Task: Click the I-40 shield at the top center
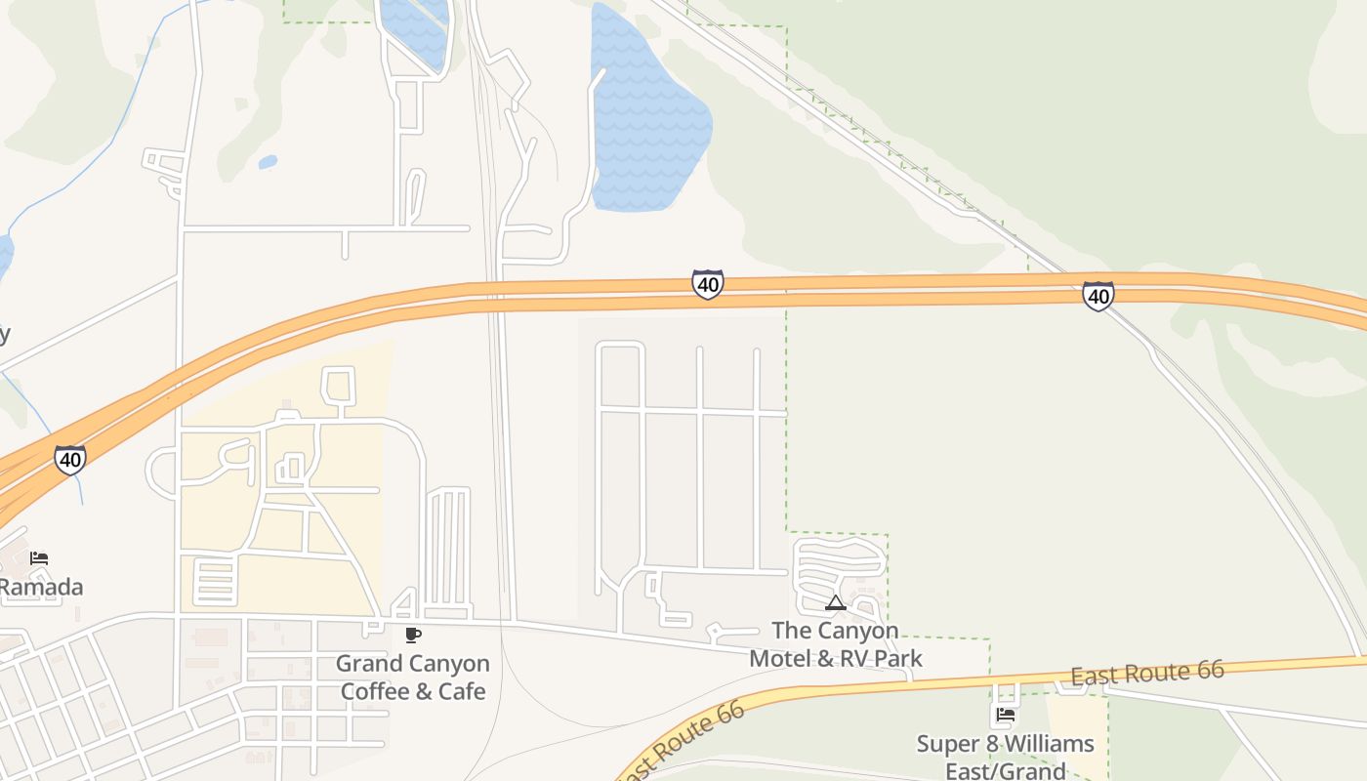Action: pos(708,284)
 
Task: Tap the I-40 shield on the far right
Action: pos(1098,296)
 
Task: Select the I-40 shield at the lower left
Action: pos(70,459)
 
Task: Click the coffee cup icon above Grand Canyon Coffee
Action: pos(413,636)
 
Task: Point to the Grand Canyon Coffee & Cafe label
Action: pos(413,678)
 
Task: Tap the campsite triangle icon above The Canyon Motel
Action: pos(835,603)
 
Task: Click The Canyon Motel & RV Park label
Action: pos(835,644)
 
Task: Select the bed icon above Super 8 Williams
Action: pos(1006,716)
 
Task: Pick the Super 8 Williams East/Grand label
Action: pos(1006,758)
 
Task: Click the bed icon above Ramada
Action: pos(39,558)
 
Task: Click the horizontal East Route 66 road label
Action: pos(1147,673)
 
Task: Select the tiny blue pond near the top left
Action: pos(268,162)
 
